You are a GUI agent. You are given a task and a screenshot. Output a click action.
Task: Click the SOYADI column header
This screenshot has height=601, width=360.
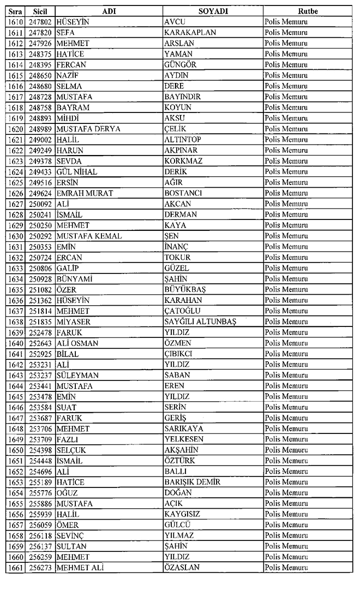coord(213,11)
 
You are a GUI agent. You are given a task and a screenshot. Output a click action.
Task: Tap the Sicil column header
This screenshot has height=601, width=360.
coord(39,11)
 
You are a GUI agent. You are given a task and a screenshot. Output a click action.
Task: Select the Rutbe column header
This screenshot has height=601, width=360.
coord(308,11)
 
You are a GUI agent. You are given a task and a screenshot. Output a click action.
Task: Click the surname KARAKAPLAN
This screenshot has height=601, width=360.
coord(190,33)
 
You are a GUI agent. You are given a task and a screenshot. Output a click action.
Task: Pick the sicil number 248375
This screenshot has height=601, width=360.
coord(39,54)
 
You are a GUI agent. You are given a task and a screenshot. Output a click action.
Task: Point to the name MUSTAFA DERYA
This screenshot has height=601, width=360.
coord(88,129)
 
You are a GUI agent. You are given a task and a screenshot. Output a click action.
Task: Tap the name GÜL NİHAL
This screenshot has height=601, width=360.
coord(77,171)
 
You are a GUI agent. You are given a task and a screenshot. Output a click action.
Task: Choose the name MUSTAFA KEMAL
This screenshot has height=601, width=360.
coord(89,236)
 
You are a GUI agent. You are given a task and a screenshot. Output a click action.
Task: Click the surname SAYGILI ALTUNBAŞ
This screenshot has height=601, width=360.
coord(200,322)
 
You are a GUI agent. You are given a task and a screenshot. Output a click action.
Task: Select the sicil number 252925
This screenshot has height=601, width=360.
coord(39,354)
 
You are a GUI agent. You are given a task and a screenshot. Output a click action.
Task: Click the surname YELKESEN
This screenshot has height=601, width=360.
coord(184,439)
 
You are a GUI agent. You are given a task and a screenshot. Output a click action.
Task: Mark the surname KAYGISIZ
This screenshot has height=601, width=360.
coord(183,514)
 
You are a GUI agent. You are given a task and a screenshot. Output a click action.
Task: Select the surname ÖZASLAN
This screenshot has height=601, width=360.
coord(182,568)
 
